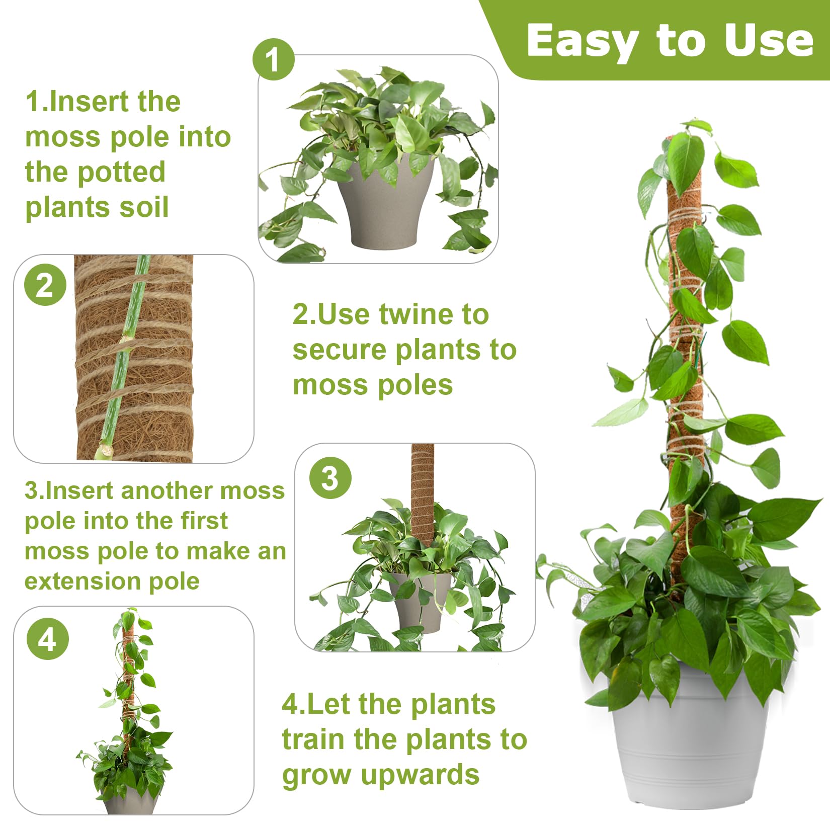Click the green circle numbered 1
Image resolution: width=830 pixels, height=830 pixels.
coord(273,59)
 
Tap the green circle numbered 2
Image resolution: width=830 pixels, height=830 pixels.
coord(45,285)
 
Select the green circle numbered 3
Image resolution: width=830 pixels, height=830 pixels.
coord(330,477)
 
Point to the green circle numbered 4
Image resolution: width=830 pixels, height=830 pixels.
coord(47,639)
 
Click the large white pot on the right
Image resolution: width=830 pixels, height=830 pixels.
coord(689,744)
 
